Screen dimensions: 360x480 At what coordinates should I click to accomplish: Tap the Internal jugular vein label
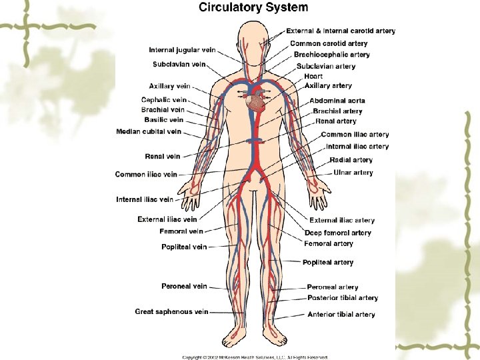coord(182,49)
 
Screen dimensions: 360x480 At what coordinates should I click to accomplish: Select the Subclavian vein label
coord(179,64)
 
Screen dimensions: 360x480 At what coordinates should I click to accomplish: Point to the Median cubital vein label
coord(148,132)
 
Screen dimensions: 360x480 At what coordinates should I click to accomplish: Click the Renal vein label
coord(163,157)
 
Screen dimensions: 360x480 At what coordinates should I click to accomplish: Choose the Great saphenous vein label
coord(171,311)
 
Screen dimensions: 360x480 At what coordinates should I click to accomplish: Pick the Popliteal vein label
coord(184,247)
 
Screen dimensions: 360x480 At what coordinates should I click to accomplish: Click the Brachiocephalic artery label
coord(332,55)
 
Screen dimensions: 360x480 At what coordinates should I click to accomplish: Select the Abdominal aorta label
coord(337,101)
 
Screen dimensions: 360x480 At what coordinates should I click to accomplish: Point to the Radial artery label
coord(351,160)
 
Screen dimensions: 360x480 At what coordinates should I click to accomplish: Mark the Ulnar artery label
coord(353,173)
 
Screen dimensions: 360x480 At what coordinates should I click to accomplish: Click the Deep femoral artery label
coord(338,233)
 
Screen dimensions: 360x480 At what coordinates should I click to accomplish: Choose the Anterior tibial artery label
coord(341,314)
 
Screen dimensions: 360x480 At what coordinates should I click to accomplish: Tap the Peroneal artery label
coord(333,287)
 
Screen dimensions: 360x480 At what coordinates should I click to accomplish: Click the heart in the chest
coord(256,102)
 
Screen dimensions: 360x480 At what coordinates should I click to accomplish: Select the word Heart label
coord(313,76)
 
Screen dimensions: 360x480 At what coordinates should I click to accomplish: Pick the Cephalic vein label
coord(163,99)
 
